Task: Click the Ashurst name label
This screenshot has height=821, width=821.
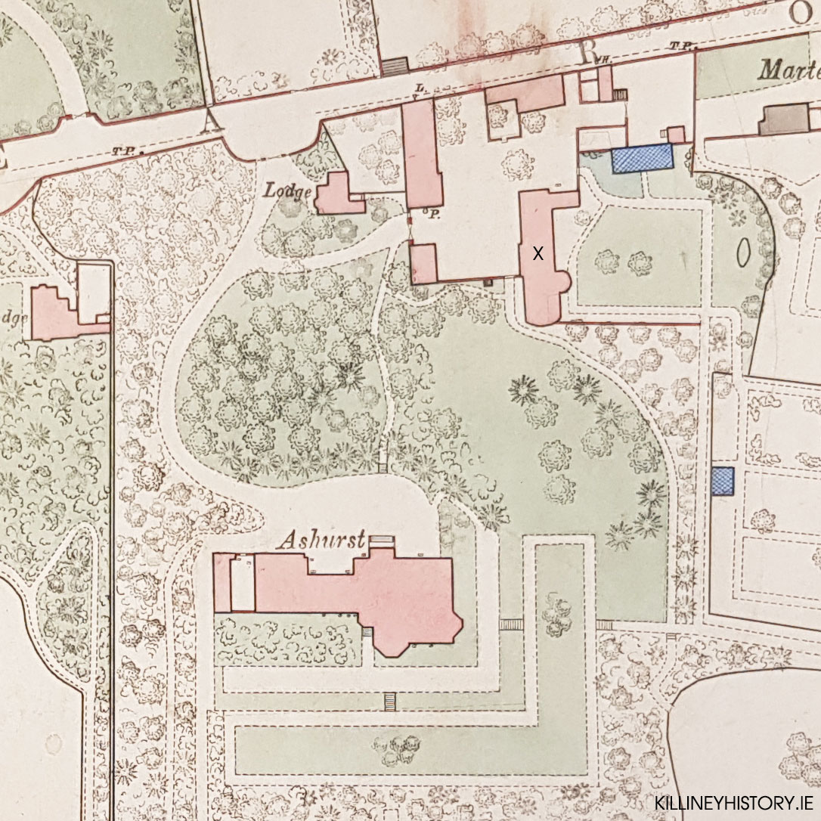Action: click(x=321, y=540)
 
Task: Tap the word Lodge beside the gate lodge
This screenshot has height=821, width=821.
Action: click(x=288, y=192)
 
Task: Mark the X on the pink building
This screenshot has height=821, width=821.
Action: click(x=538, y=254)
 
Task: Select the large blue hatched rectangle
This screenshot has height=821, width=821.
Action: click(x=642, y=159)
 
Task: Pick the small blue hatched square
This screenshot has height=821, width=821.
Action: click(x=723, y=482)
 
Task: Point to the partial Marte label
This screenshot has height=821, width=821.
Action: click(x=789, y=71)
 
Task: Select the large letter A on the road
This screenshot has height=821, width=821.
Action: click(x=212, y=118)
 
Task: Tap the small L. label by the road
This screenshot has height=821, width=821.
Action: click(x=418, y=89)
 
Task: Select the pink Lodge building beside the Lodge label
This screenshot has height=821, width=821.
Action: click(x=337, y=196)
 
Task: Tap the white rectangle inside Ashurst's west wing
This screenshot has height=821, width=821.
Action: click(x=242, y=584)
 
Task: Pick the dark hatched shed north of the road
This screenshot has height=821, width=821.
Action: click(x=394, y=67)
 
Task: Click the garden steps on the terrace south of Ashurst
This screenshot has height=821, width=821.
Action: click(x=390, y=701)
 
